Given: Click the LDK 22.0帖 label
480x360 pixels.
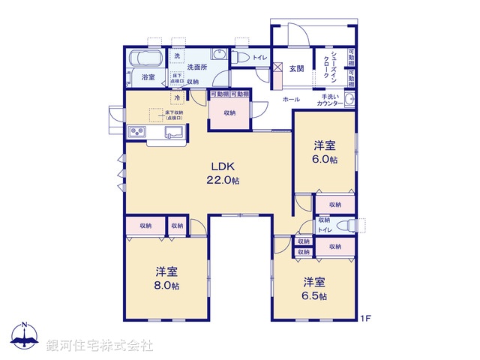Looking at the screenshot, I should point(224,173).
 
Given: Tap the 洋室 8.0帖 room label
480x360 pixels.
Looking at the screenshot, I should point(166,278).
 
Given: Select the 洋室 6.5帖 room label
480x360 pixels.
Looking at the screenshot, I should point(314,289).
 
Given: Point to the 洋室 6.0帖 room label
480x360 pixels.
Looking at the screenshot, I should point(325,152).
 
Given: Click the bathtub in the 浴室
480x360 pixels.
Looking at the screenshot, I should point(145,58).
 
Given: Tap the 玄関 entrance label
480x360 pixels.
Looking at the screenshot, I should point(296,69).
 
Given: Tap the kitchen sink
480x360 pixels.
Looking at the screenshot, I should point(173,133).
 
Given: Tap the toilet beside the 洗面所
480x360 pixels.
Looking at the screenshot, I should point(241,57).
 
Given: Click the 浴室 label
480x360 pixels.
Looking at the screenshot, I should point(148,77).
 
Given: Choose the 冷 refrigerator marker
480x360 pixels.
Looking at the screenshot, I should point(177,97).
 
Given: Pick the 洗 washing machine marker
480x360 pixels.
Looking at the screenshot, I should point(178,57).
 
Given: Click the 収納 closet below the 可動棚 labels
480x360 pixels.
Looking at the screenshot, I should point(229,112).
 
